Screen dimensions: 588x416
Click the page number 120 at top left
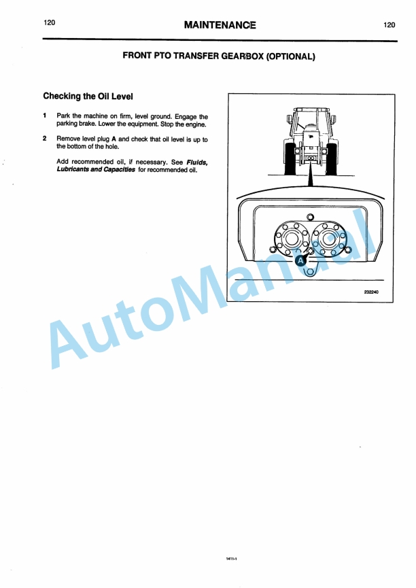(49, 22)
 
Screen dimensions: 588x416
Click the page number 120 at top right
(389, 25)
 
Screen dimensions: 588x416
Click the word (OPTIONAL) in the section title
(290, 57)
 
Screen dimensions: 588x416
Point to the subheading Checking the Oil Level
(83, 97)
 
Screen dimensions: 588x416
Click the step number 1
(45, 116)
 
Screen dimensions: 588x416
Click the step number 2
(45, 139)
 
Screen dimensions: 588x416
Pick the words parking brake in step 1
(77, 124)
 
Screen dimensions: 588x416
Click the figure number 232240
(370, 293)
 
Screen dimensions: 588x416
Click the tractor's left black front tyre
(285, 164)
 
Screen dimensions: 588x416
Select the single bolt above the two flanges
(310, 218)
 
